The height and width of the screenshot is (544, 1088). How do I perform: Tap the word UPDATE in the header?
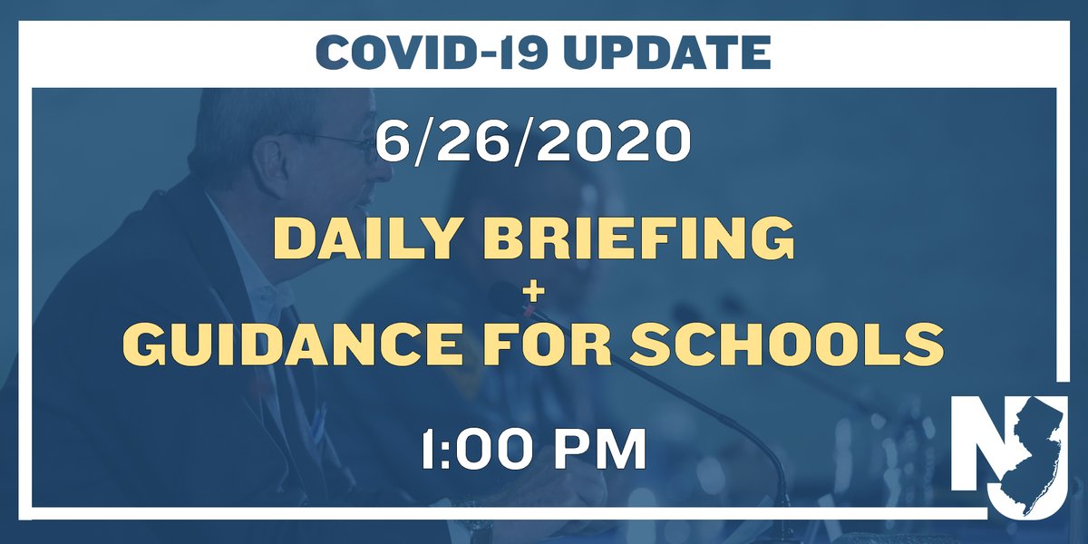[x=667, y=54]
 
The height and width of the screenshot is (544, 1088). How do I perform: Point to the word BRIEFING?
[x=635, y=238]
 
